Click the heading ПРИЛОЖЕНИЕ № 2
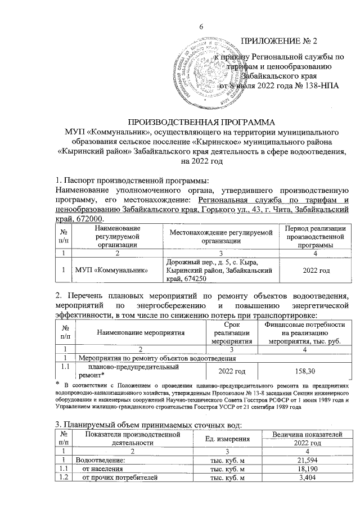(279, 42)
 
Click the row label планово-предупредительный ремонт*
(115, 371)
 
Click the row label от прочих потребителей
(116, 479)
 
